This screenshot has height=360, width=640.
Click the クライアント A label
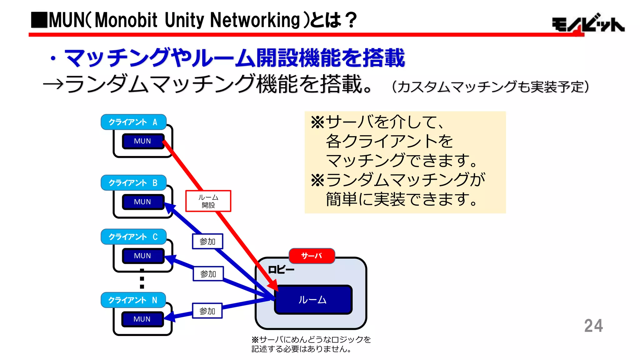133,122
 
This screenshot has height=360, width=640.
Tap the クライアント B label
133,183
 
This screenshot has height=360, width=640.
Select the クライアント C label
133,237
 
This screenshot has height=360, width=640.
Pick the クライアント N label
133,300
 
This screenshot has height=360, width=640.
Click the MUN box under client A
143,141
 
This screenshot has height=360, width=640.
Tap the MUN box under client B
143,202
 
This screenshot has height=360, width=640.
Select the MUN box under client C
143,256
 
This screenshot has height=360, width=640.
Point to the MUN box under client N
142,319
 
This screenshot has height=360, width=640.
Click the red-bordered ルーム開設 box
208,201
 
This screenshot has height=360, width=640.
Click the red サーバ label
312,256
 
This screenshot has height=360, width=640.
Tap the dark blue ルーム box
313,300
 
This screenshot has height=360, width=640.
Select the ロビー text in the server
281,270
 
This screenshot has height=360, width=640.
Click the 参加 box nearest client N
207,311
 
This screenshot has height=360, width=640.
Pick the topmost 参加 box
207,242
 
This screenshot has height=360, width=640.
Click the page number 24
593,326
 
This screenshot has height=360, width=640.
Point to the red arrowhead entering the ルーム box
273,286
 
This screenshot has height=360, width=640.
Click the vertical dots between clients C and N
142,279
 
